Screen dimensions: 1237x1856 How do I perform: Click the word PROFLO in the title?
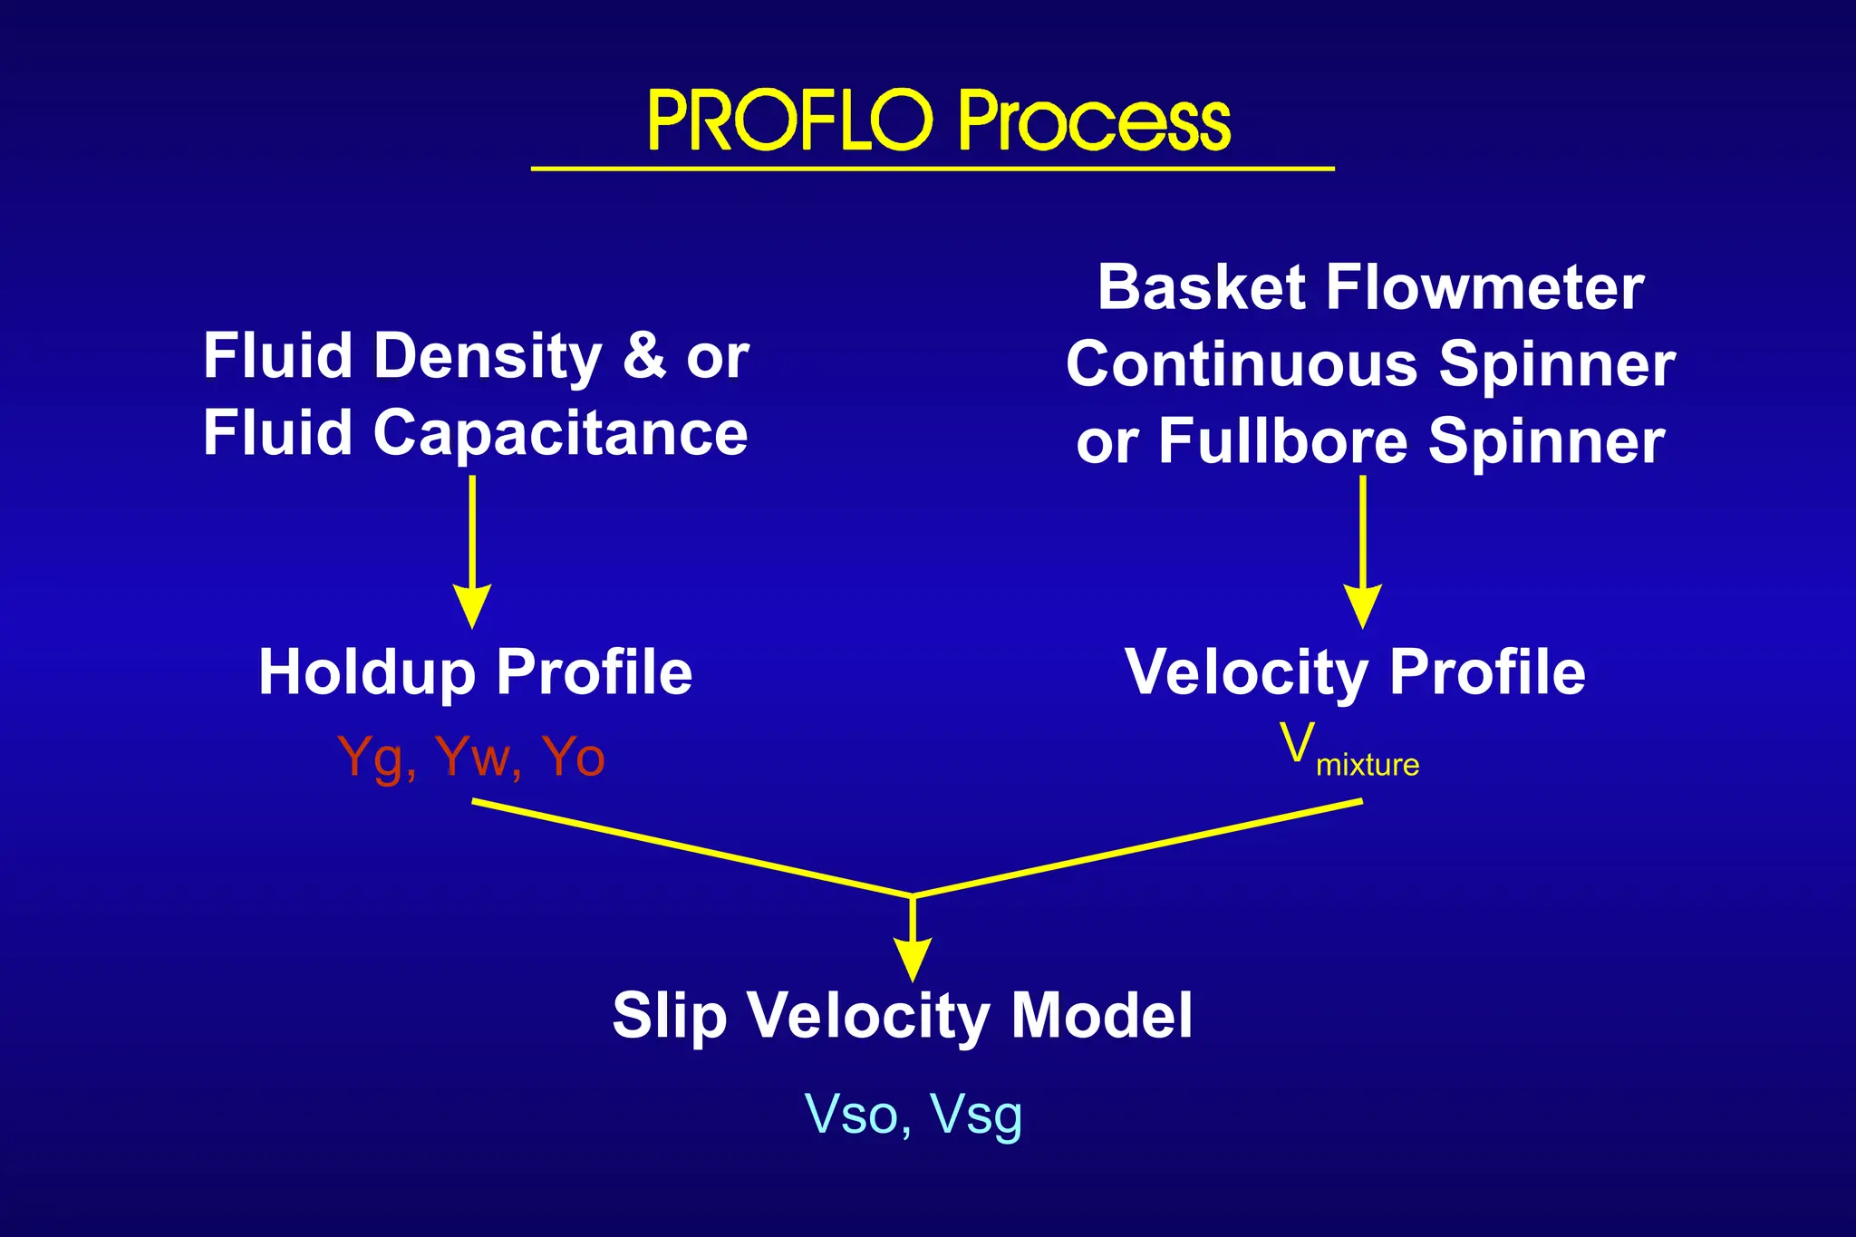point(790,121)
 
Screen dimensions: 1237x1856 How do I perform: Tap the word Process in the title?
point(1095,121)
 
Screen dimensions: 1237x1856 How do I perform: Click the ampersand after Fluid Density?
point(644,354)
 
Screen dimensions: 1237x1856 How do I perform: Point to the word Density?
point(488,356)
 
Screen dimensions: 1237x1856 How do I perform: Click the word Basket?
point(1202,287)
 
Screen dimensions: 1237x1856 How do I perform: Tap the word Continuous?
point(1242,364)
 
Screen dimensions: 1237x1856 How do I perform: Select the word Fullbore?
point(1283,441)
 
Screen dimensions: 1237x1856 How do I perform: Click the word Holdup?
point(367,673)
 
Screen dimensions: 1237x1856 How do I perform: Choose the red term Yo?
point(573,757)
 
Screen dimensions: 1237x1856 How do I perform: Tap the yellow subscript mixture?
point(1368,765)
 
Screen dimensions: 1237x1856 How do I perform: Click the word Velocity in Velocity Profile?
point(1247,673)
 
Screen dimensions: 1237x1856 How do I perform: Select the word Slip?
point(669,1016)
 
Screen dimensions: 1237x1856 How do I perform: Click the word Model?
point(1101,1015)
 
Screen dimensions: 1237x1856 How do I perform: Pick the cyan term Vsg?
point(976,1116)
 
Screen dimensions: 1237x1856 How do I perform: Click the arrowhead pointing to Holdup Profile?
point(472,605)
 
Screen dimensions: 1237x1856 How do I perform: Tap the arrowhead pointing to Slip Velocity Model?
point(913,960)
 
